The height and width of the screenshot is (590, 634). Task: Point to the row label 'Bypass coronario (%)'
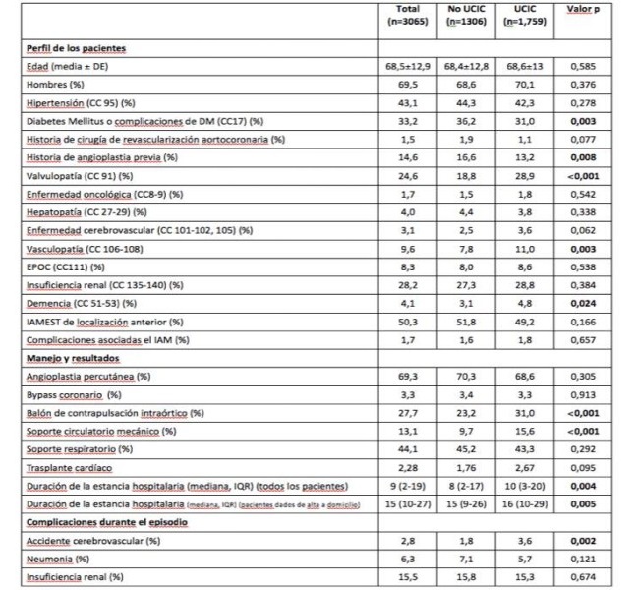[x=71, y=395]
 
